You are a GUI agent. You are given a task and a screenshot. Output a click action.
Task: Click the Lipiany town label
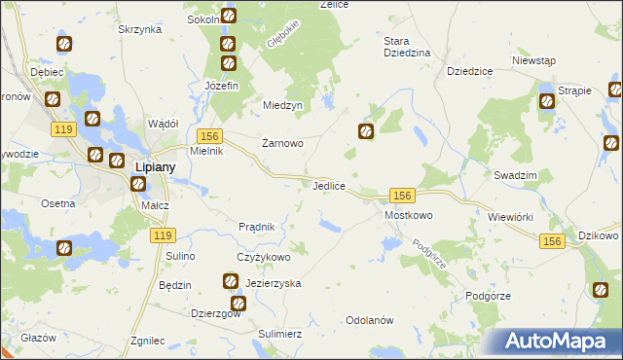click(154, 167)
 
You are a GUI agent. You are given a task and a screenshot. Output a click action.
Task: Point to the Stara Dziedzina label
click(407, 48)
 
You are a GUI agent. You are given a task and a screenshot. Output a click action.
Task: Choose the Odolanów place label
click(369, 320)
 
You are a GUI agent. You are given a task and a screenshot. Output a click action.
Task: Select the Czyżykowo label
click(264, 257)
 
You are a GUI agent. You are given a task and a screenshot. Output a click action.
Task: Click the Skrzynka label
click(139, 30)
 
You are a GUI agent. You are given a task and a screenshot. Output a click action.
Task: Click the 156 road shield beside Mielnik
click(209, 137)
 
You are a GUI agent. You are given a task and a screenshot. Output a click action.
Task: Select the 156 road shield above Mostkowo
click(404, 196)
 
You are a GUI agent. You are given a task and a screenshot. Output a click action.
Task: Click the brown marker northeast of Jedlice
click(367, 131)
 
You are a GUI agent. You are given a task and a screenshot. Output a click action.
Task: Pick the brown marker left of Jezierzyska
click(231, 282)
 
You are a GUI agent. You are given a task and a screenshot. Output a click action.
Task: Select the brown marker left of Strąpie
click(546, 99)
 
